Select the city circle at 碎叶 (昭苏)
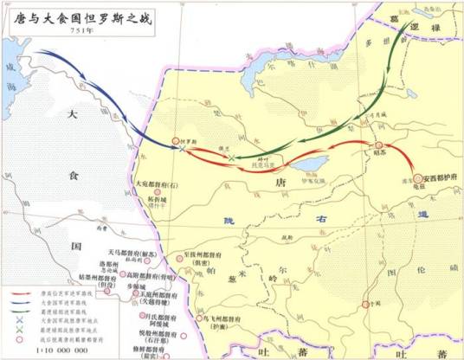pyautogui.click(x=377, y=146)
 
